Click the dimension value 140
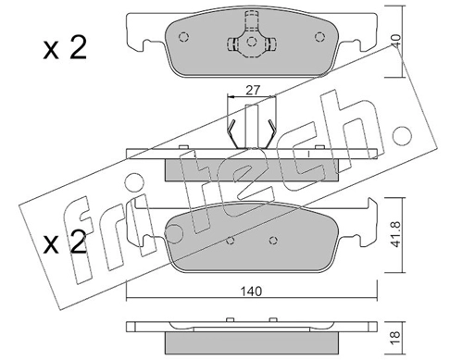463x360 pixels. pyautogui.click(x=251, y=292)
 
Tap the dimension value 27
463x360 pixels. pyautogui.click(x=253, y=90)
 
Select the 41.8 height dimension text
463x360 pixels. pyautogui.click(x=396, y=234)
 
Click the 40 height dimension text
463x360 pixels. pyautogui.click(x=396, y=41)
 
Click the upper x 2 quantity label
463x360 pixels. pyautogui.click(x=65, y=48)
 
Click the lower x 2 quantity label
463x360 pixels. pyautogui.click(x=65, y=242)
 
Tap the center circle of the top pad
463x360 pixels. pyautogui.click(x=252, y=42)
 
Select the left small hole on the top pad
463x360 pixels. pyautogui.click(x=183, y=37)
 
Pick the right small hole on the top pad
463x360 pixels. pyautogui.click(x=319, y=37)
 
